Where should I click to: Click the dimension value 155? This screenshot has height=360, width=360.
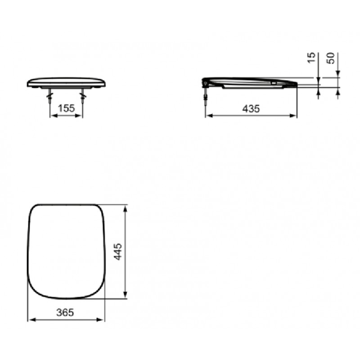coord(66,108)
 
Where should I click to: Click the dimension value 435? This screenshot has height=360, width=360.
coord(251,108)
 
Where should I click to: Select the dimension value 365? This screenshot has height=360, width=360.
coord(65,312)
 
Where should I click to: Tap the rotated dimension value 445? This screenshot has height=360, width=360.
coord(118,252)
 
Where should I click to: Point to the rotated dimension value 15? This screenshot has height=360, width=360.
coord(311,58)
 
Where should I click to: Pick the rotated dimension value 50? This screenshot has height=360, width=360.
coord(331,58)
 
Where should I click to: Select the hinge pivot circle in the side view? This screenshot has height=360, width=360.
coord(205,83)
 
